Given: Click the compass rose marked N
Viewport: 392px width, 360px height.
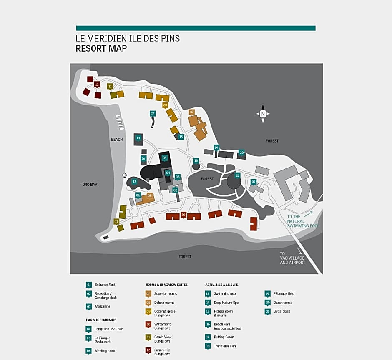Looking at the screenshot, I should pyautogui.click(x=263, y=114).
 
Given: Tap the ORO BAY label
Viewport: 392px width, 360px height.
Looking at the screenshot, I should pyautogui.click(x=90, y=184).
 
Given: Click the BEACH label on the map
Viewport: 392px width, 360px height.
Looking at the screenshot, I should pyautogui.click(x=117, y=140).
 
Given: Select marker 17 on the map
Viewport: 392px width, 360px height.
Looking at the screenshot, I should pyautogui.click(x=153, y=114).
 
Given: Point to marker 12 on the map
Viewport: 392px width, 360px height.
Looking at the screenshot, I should pyautogui.click(x=97, y=85).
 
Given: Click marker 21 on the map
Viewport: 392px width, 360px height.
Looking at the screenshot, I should pyautogui.click(x=238, y=175).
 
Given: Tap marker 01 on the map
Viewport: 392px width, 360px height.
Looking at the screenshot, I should pyautogui.click(x=253, y=182).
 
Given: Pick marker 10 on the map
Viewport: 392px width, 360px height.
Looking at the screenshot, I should pyautogui.click(x=183, y=215).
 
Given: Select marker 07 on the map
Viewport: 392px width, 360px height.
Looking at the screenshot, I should pyautogui.click(x=192, y=112).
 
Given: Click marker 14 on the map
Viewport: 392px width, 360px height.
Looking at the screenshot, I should pyautogui.click(x=138, y=138).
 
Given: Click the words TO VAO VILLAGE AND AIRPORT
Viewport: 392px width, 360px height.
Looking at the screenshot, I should pyautogui.click(x=292, y=258).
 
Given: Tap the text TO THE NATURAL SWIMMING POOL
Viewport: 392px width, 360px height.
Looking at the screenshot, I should pyautogui.click(x=302, y=221).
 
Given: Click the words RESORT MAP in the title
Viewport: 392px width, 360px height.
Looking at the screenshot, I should pyautogui.click(x=101, y=48).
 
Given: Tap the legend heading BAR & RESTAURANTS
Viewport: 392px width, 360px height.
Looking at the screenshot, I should pyautogui.click(x=101, y=320).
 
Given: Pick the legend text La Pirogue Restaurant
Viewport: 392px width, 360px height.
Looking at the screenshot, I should pyautogui.click(x=103, y=340).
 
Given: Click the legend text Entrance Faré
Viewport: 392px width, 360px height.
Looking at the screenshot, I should pyautogui.click(x=105, y=285).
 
